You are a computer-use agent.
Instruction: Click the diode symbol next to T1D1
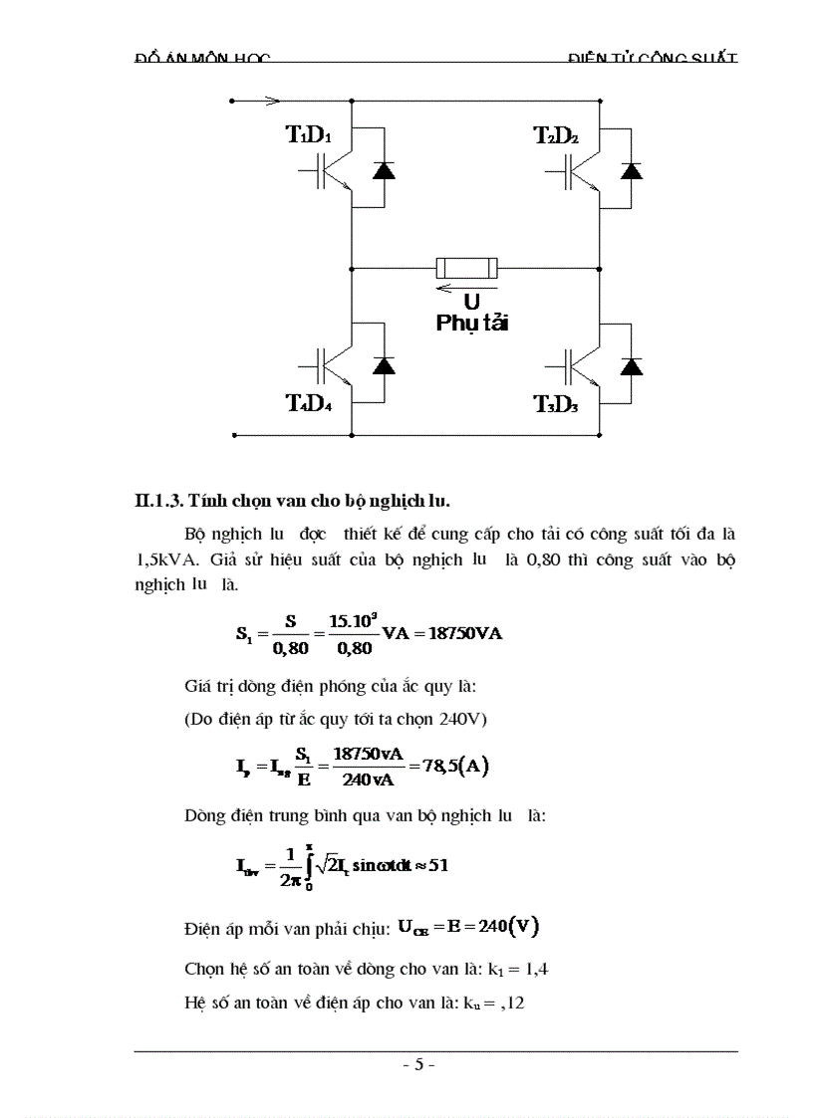click(384, 169)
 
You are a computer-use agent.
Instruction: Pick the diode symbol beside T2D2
click(631, 169)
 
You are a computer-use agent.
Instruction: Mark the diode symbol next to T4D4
click(384, 364)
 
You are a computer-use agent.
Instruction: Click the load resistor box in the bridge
click(467, 268)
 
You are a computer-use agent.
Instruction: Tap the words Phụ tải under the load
click(471, 324)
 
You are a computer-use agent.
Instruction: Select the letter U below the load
click(471, 302)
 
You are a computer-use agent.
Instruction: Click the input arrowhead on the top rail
click(272, 101)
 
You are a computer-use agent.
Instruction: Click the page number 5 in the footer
click(419, 1064)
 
